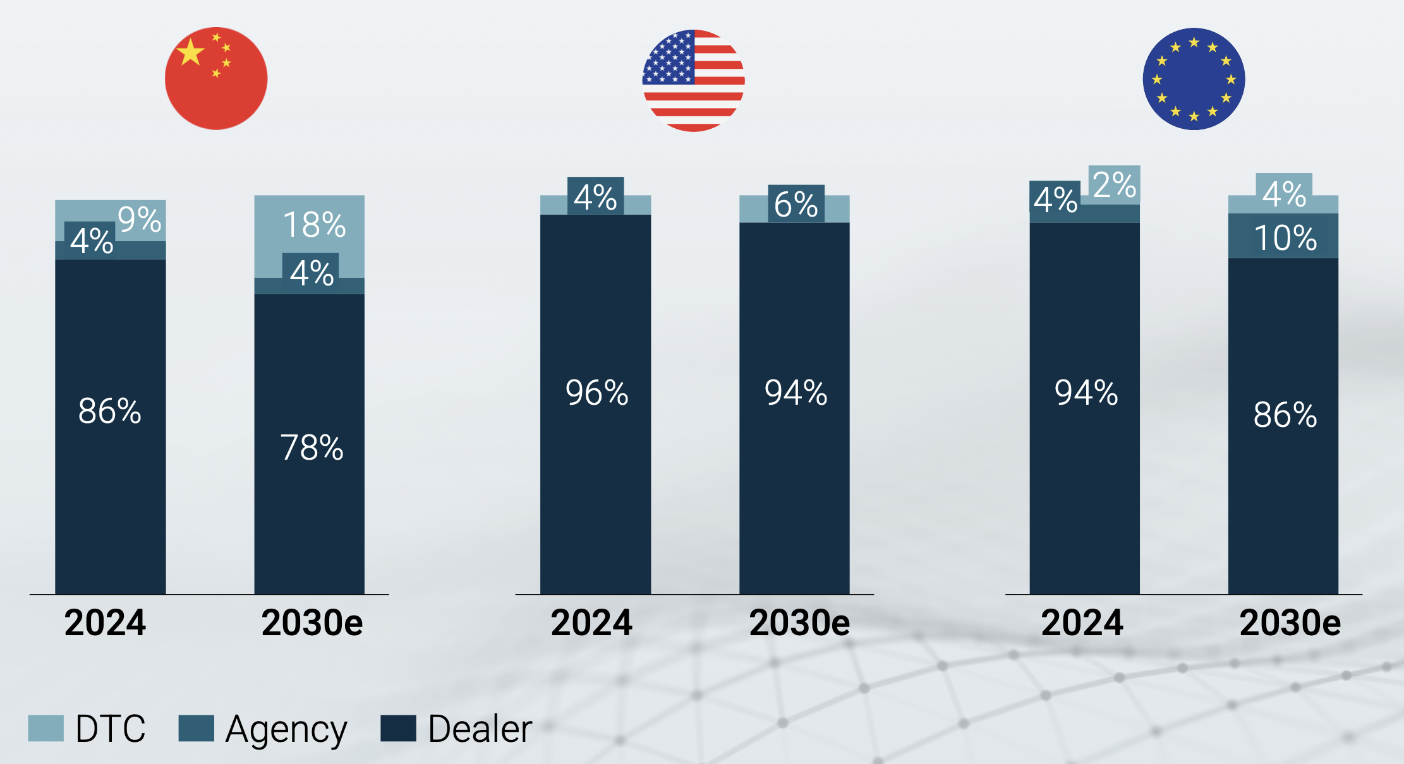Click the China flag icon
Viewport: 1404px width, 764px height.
216,79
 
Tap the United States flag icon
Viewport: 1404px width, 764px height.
693,80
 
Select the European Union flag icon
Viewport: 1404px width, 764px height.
1194,79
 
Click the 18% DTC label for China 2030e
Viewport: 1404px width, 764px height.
314,225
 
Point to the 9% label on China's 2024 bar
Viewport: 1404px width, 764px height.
140,220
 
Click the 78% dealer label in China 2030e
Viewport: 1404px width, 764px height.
312,448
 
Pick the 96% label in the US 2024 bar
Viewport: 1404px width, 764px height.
596,393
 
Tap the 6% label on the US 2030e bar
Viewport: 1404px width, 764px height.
796,205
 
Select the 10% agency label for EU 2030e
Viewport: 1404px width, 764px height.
1285,238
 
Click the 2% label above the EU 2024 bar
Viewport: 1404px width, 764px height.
1115,185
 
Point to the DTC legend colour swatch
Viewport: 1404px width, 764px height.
46,728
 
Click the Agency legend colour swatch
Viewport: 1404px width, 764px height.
197,728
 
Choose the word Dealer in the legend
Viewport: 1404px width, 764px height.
480,729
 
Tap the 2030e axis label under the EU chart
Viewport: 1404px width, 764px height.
1290,623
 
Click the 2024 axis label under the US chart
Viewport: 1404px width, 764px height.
591,623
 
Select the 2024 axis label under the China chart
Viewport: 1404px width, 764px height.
105,623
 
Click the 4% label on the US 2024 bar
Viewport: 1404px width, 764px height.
595,197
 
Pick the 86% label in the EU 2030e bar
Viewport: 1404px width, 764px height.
1285,415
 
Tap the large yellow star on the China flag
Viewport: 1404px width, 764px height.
191,51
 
